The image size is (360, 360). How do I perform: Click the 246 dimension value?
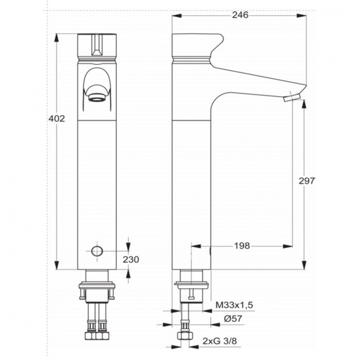pyautogui.click(x=240, y=15)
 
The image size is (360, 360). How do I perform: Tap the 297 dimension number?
pyautogui.click(x=306, y=180)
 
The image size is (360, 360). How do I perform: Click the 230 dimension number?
pyautogui.click(x=131, y=259)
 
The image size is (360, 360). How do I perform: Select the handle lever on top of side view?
pyautogui.click(x=197, y=46)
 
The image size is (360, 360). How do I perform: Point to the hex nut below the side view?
pyautogui.click(x=183, y=336)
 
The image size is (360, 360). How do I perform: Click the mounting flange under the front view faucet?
pyautogui.click(x=97, y=288)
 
